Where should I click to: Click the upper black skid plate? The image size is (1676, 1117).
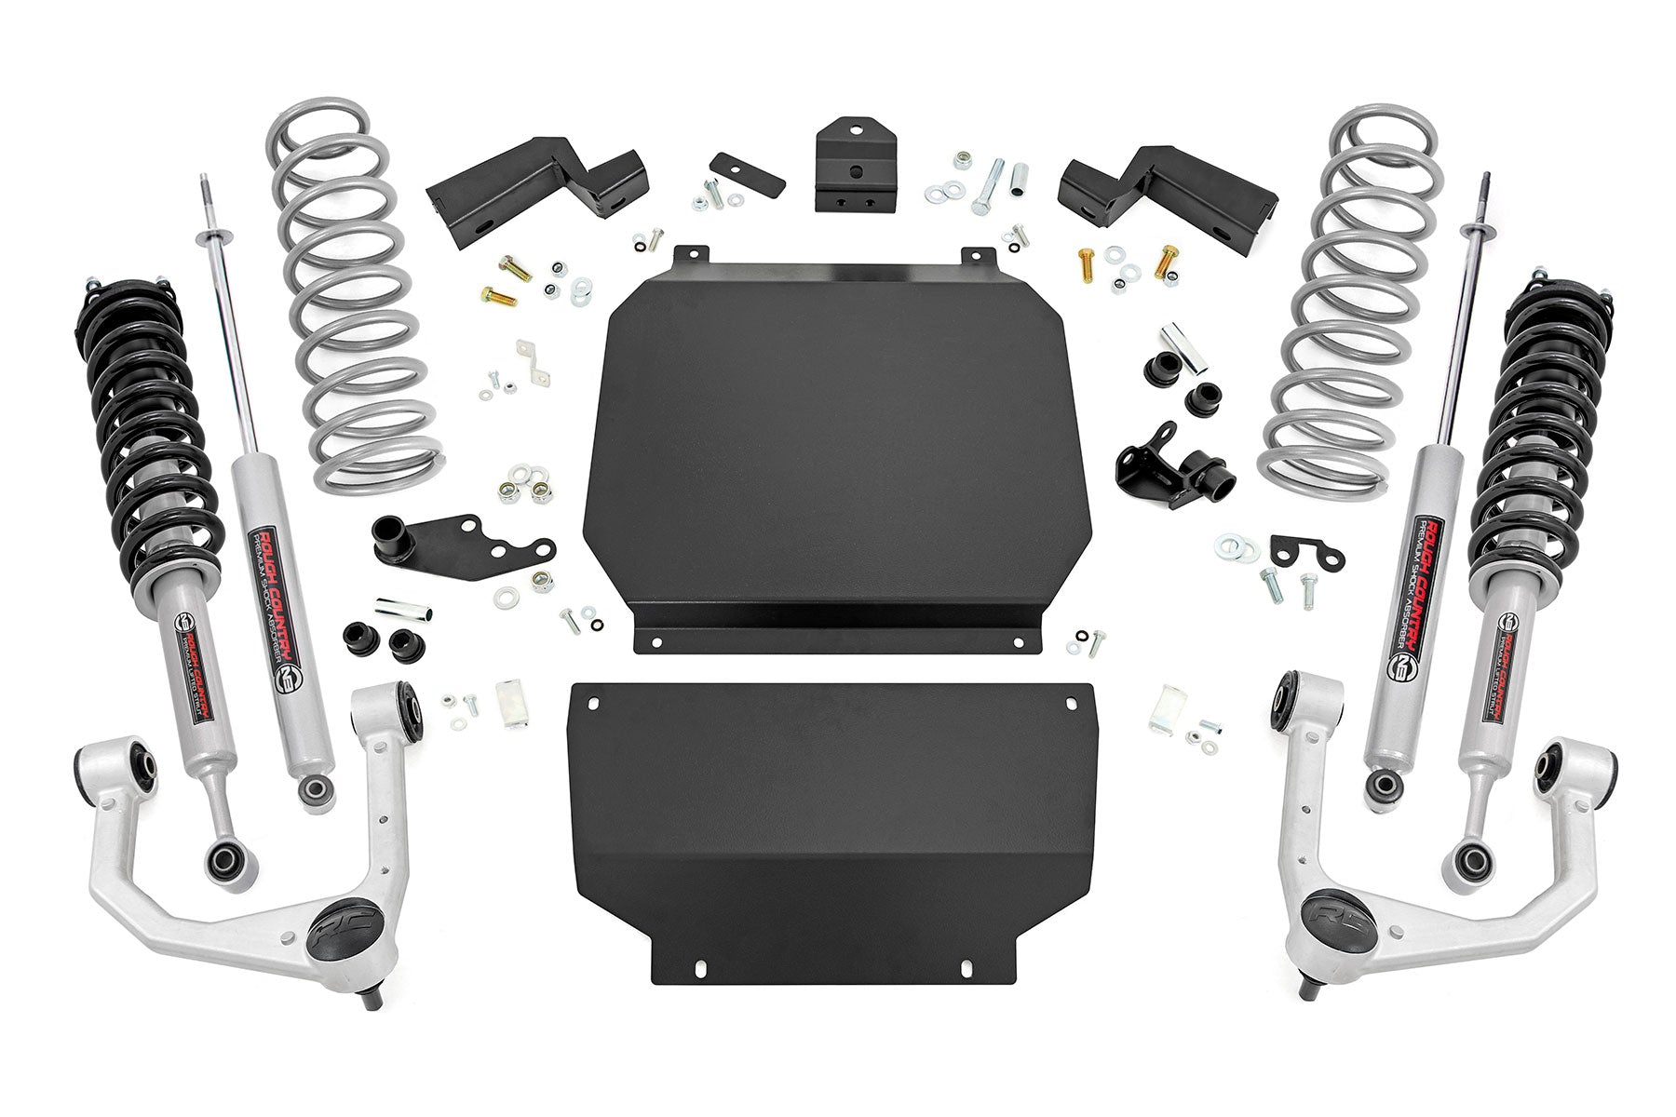(838, 447)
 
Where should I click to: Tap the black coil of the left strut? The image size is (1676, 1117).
(140, 410)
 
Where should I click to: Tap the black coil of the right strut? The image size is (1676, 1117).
(1536, 410)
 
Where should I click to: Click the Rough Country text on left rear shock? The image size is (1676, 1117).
(271, 596)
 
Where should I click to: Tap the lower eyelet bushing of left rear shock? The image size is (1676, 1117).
(313, 791)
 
